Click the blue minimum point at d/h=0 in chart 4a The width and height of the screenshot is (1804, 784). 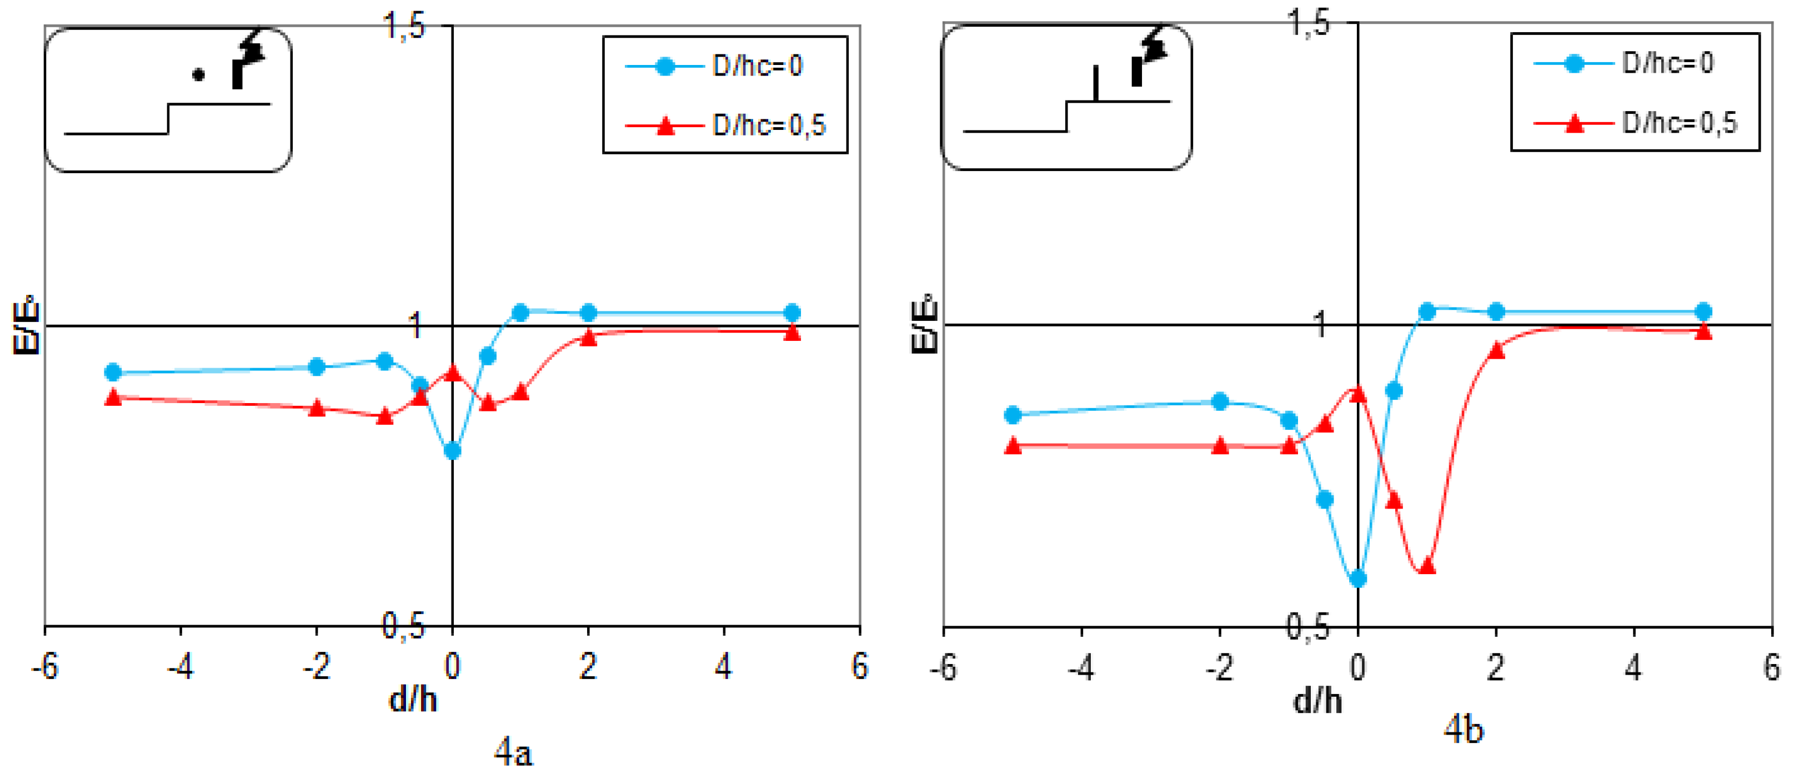click(453, 451)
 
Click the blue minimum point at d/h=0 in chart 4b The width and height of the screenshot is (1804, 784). click(1357, 578)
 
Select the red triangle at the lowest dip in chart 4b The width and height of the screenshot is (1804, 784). click(1426, 565)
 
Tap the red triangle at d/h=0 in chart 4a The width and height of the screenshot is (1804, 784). click(453, 373)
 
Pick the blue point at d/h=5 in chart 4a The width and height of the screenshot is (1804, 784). click(791, 312)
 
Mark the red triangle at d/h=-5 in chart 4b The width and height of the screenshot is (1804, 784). click(1012, 445)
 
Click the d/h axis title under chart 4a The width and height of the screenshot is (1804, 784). click(413, 699)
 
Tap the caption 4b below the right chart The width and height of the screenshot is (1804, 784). click(1464, 730)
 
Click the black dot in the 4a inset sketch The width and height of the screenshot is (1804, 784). click(198, 75)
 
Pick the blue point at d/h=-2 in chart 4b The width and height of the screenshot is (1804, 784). click(1219, 401)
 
